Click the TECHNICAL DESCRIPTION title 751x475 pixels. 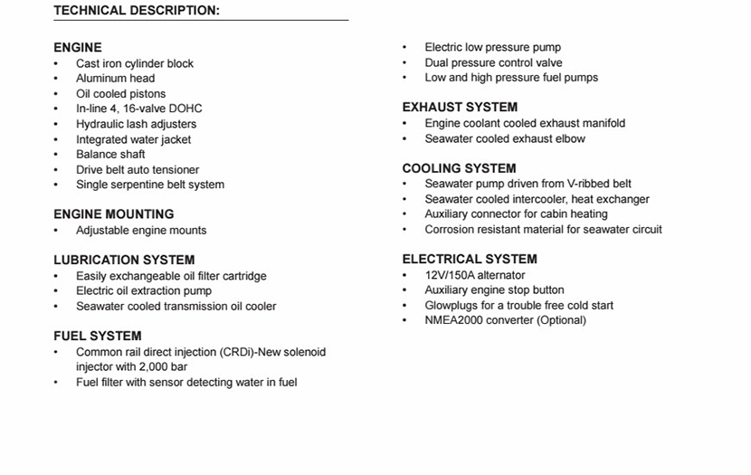coord(137,11)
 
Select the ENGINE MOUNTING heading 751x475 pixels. coord(113,214)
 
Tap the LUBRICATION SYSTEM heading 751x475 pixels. coord(124,260)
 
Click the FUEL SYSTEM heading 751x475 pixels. coord(98,336)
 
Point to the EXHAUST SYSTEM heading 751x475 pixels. coord(460,107)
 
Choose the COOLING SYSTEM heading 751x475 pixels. coord(459,168)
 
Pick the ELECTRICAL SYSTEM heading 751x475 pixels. coord(470,259)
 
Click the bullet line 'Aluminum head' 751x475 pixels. coord(115,79)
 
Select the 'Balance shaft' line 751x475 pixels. coord(110,155)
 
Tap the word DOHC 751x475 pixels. coord(185,109)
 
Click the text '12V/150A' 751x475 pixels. coord(450,275)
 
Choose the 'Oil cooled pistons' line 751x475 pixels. coord(120,94)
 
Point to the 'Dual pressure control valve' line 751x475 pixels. coord(493,63)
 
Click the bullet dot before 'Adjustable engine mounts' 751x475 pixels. coord(56,231)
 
